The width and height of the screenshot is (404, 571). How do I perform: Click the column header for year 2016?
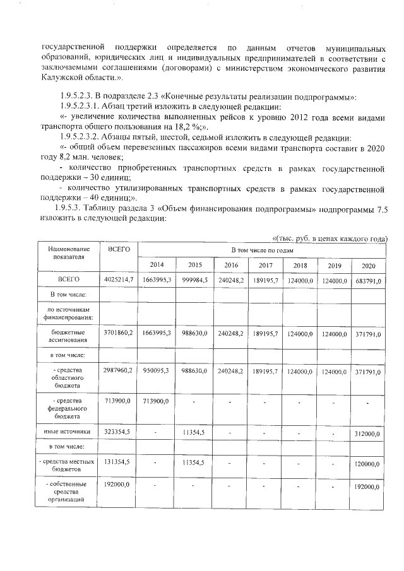coord(231,265)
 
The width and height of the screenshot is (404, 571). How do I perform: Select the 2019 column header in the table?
coord(335,265)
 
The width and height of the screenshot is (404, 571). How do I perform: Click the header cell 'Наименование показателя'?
coord(68,254)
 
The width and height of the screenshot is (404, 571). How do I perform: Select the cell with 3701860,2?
coord(118,333)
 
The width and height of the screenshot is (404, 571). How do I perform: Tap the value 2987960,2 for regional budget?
coord(118,372)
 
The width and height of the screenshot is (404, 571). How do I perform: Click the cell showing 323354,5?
coord(118,432)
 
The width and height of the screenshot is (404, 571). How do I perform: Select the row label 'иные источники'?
coord(68,432)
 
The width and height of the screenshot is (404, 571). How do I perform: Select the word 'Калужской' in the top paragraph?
coord(63,76)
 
